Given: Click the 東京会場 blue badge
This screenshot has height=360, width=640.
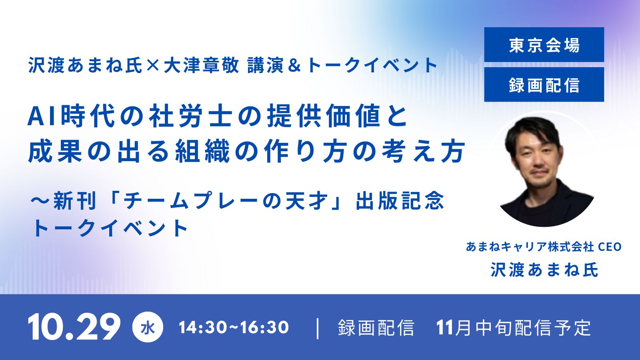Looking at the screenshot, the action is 544,44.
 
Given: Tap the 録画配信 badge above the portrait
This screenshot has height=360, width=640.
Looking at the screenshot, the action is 544,84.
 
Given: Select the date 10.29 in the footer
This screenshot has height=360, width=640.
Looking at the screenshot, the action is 74,326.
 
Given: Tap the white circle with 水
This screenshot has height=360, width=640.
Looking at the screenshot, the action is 148,327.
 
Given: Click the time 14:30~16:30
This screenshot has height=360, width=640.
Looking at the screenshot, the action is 234,327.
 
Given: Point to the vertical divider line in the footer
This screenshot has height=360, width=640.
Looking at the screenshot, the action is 318,328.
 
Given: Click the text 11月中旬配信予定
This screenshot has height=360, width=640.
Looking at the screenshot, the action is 514,328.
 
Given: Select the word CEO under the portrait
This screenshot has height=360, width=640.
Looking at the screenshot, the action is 610,247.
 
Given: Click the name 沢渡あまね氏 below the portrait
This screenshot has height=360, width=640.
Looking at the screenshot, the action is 544,270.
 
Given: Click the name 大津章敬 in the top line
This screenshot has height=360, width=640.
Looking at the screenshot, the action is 201,65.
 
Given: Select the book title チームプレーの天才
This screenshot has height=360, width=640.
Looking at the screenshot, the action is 225,201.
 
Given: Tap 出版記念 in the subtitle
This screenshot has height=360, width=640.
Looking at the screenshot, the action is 400,201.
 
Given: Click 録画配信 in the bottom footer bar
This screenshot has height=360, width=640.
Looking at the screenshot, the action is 376,328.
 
